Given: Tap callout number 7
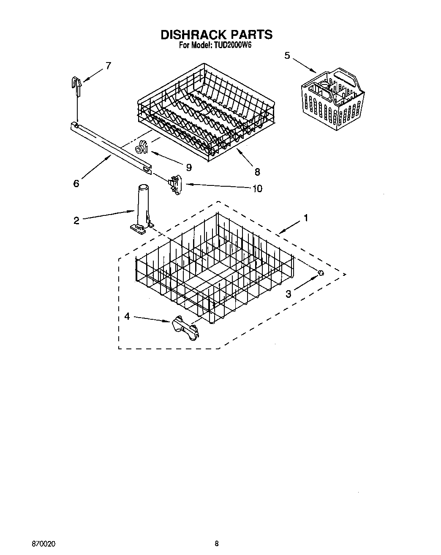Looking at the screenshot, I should pyautogui.click(x=108, y=66).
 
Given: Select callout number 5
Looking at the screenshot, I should pyautogui.click(x=287, y=55).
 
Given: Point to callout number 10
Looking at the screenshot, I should pyautogui.click(x=257, y=188).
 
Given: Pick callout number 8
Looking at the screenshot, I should pyautogui.click(x=257, y=171).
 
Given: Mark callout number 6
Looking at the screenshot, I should pyautogui.click(x=76, y=183).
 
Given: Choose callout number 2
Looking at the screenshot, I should pyautogui.click(x=76, y=220).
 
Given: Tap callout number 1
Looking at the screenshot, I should pyautogui.click(x=306, y=218).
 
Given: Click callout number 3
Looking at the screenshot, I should pyautogui.click(x=288, y=294).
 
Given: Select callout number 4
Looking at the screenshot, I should pyautogui.click(x=127, y=316).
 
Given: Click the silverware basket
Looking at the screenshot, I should pyautogui.click(x=333, y=97).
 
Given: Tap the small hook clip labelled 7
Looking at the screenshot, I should pyautogui.click(x=76, y=85).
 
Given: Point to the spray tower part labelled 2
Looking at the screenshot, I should pyautogui.click(x=141, y=207).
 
